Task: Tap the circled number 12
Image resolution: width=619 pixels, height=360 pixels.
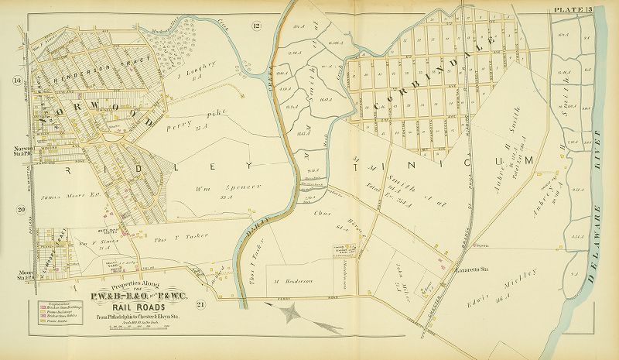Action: coord(256,29)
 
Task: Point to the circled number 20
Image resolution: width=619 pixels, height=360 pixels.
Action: coord(22,208)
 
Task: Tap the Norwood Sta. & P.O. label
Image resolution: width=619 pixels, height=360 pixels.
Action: coord(15,148)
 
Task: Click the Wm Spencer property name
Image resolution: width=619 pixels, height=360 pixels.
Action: coord(203,190)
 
